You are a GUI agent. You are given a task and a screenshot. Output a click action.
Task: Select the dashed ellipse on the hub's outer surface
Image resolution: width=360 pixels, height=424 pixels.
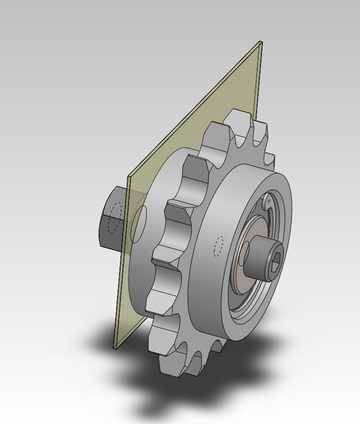click(x=218, y=246)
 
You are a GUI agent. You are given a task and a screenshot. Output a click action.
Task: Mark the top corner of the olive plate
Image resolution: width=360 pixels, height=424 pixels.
click(x=260, y=43)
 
